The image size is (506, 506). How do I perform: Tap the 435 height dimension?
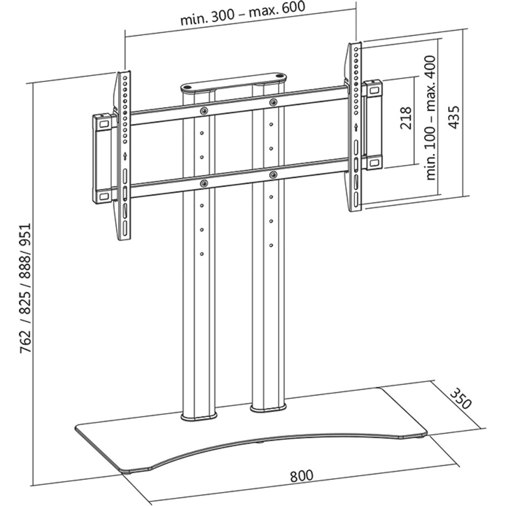point(454,117)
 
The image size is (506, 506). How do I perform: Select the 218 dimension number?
point(406,118)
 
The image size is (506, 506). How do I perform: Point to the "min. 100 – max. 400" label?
point(431,117)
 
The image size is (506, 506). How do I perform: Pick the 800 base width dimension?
point(301,476)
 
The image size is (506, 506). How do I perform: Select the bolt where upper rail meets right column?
point(273,102)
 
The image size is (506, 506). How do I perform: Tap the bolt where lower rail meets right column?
point(273,175)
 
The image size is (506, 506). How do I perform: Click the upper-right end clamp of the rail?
point(371,89)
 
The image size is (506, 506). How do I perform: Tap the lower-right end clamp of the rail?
point(373,162)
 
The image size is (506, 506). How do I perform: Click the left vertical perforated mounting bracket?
point(125,156)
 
